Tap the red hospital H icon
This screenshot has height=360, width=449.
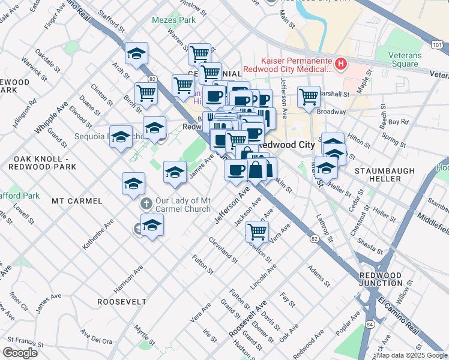click(x=340, y=64)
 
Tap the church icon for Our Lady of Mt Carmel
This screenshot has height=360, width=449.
click(x=145, y=205)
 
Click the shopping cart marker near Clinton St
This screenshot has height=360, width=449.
click(x=257, y=230)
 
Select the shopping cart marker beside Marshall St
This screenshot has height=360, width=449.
click(x=309, y=95)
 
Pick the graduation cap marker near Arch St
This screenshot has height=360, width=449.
click(x=137, y=53)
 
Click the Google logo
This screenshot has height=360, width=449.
click(x=20, y=353)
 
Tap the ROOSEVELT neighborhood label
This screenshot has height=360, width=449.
click(x=122, y=302)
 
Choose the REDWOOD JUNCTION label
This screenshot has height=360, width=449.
click(x=380, y=278)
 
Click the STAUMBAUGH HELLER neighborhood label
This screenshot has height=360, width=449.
click(x=385, y=175)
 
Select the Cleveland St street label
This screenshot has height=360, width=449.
click(x=222, y=250)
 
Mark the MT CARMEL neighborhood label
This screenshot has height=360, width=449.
click(x=74, y=200)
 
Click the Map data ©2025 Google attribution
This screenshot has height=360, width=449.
click(x=412, y=355)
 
